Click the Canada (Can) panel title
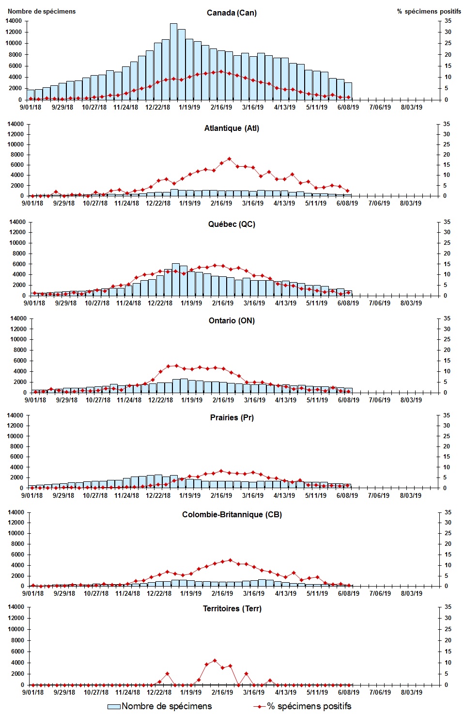pyautogui.click(x=232, y=13)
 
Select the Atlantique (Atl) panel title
pyautogui.click(x=232, y=128)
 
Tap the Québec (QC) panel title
pyautogui.click(x=232, y=224)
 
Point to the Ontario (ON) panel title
pyautogui.click(x=232, y=321)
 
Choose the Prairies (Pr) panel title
pyautogui.click(x=232, y=417)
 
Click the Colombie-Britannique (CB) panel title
pyautogui.click(x=232, y=514)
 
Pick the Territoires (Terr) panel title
pyautogui.click(x=232, y=609)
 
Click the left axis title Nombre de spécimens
pyautogui.click(x=42, y=11)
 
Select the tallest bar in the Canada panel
pyautogui.click(x=173, y=62)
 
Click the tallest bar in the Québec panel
pyautogui.click(x=175, y=279)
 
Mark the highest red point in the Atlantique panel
pyautogui.click(x=230, y=159)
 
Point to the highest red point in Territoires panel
pyautogui.click(x=215, y=660)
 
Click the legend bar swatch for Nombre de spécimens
pyautogui.click(x=114, y=707)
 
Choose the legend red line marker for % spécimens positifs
pyautogui.click(x=260, y=707)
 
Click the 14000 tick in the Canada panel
pyautogui.click(x=14, y=21)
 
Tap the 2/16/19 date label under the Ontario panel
pyautogui.click(x=223, y=400)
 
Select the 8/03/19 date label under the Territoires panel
pyautogui.click(x=411, y=692)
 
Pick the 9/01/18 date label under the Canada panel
pyautogui.click(x=31, y=108)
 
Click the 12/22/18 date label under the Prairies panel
pyautogui.click(x=158, y=496)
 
